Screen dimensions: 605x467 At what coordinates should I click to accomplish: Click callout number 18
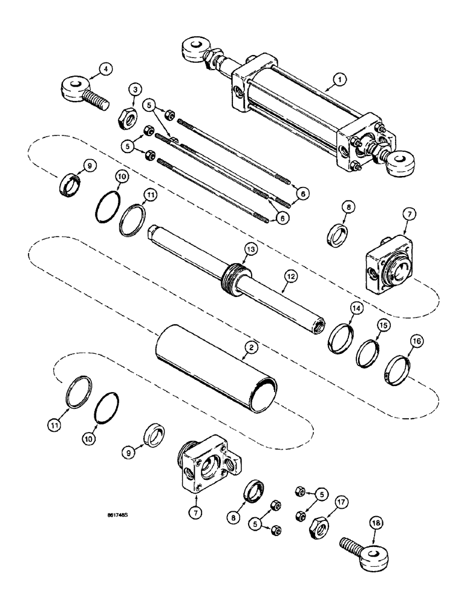point(378,518)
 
